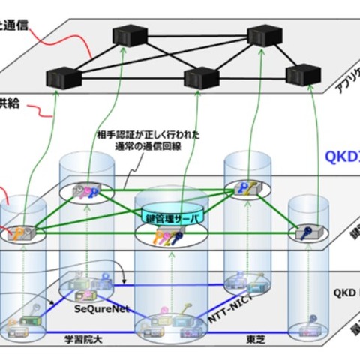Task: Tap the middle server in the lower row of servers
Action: coord(201,77)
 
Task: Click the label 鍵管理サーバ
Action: coord(169,217)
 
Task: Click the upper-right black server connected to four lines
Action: coord(262,36)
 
